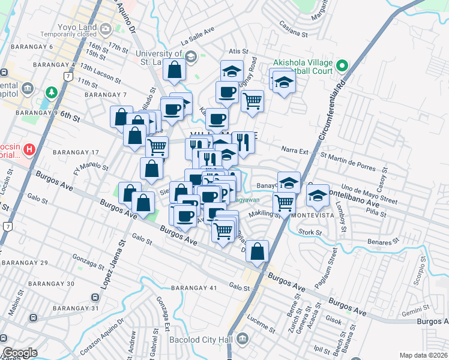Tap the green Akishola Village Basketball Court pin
coord(342,65)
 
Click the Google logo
coord(20,353)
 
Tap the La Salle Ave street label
coord(197,38)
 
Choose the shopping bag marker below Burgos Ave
coord(257,252)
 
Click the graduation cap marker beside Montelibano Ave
coord(318,196)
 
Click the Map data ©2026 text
coord(423,355)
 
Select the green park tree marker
coord(52,93)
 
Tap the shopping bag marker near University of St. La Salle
coord(173,70)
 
